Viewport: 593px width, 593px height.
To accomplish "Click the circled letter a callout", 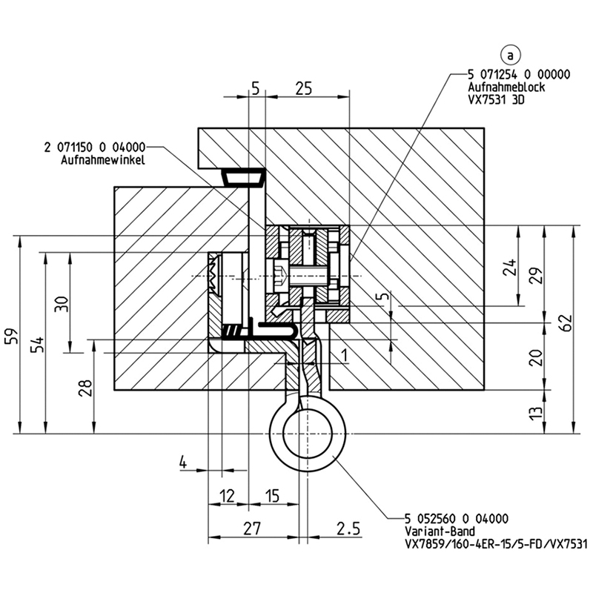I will point(511,55).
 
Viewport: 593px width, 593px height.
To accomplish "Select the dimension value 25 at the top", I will point(303,88).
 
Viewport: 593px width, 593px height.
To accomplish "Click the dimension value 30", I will point(62,303).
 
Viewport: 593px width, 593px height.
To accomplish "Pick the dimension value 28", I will point(86,388).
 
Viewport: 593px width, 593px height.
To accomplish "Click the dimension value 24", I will point(511,268).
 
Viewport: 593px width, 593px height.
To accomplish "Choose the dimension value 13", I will point(537,413).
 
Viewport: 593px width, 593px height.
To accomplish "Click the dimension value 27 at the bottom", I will point(253,528).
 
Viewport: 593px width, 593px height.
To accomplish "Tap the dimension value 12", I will point(227,495).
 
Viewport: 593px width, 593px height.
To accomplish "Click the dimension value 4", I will point(182,462).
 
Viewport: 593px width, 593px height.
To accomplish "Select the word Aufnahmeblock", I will point(506,87).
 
